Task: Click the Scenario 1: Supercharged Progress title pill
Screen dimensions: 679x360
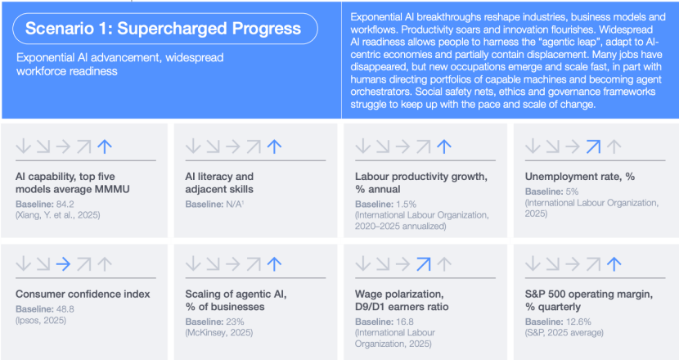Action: coord(165,29)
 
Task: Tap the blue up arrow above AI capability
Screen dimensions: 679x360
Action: coord(105,146)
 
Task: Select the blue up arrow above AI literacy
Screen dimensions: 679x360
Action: coord(275,146)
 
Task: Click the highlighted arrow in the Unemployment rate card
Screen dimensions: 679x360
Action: coord(593,146)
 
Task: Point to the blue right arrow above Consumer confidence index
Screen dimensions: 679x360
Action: coord(63,263)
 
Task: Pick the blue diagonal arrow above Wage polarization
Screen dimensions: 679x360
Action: coord(424,263)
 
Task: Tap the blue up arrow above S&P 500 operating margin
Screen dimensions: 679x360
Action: coord(614,263)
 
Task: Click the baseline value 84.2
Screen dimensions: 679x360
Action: coord(65,204)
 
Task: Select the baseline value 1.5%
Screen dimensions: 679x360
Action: coord(407,204)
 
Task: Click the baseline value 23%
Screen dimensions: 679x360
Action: coord(235,322)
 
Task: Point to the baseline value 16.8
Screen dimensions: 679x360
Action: coord(405,322)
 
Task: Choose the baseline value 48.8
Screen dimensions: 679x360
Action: coord(65,309)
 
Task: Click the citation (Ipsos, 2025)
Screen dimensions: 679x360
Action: coord(41,321)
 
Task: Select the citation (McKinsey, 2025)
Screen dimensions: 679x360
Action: coord(219,333)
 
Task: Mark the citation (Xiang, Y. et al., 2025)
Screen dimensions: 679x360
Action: coord(58,215)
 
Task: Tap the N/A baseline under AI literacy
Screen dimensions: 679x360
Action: coord(235,204)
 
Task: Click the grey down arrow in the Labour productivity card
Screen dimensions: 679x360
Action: coord(363,146)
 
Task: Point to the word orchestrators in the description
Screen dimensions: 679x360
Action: coord(381,92)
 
